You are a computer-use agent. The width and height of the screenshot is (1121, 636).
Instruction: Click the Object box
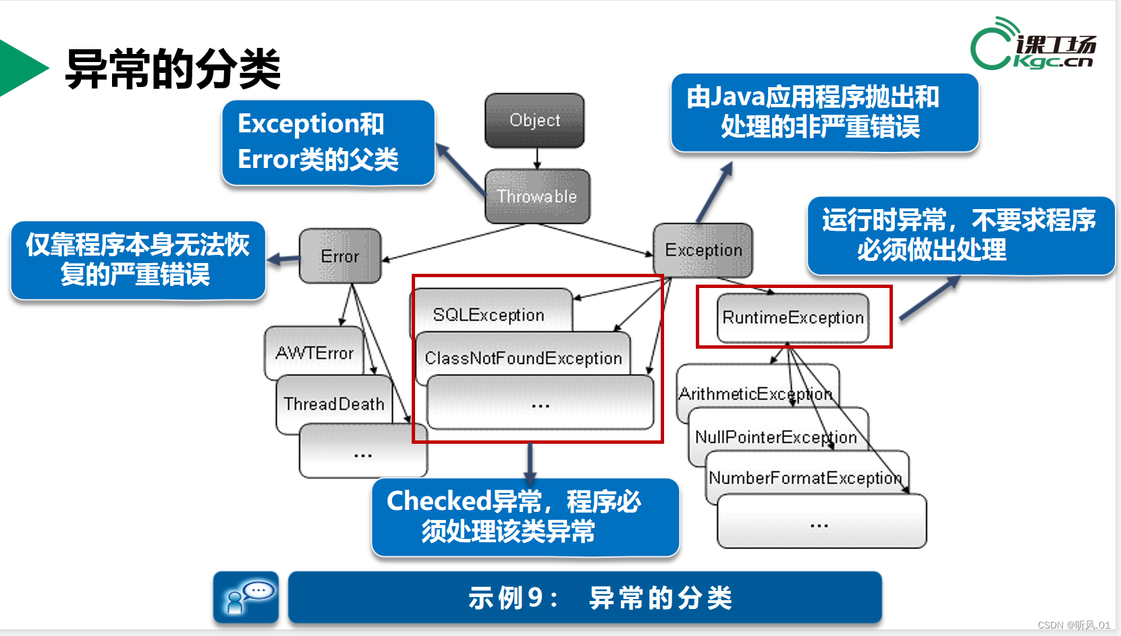pos(535,121)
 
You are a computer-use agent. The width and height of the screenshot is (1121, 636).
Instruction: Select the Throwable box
pos(537,196)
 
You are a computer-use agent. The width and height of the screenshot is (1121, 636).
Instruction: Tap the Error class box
pos(340,256)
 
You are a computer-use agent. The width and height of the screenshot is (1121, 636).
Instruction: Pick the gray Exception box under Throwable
pos(703,250)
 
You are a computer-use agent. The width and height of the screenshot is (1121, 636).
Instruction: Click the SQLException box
pos(489,314)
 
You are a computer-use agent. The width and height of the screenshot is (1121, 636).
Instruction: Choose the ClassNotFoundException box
pos(523,358)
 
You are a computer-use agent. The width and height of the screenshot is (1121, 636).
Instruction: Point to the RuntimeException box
pos(793,318)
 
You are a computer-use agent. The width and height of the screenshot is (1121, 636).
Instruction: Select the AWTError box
pos(314,353)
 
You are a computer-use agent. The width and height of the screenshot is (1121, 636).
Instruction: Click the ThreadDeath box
pos(334,403)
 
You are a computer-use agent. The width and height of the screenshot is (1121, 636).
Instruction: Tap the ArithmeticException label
pos(755,394)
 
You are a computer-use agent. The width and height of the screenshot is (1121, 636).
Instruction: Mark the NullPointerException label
pos(776,437)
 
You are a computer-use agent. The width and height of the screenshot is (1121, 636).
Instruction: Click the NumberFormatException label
pos(805,478)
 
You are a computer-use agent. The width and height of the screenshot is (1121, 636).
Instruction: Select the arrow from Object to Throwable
pos(537,158)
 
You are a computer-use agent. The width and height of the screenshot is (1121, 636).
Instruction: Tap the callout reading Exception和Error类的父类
pos(328,142)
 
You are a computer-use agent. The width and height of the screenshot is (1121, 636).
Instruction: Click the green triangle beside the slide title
pos(20,68)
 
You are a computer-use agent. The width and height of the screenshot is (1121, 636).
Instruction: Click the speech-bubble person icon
pos(246,597)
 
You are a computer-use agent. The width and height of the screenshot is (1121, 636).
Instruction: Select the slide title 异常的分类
pos(173,69)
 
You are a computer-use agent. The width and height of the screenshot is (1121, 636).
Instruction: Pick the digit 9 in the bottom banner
pos(535,598)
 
